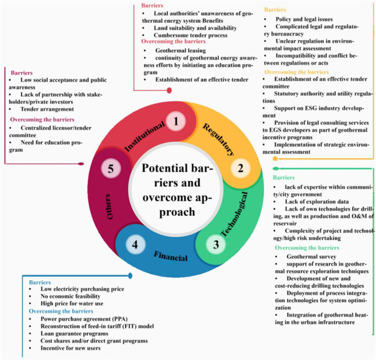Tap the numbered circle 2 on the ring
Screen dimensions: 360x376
click(x=240, y=169)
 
